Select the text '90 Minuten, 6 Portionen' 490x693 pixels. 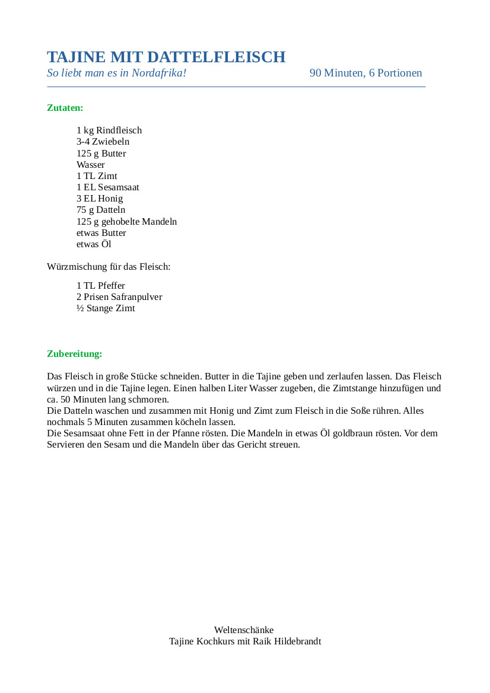tap(365, 73)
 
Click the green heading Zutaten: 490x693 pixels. tap(65, 108)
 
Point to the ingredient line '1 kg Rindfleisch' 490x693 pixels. tap(109, 130)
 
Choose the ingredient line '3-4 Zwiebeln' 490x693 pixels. tap(103, 142)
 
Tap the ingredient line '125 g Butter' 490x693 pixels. tap(101, 154)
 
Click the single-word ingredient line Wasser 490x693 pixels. tap(91, 165)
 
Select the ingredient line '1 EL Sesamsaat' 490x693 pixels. tap(108, 187)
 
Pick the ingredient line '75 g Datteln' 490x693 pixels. tap(101, 210)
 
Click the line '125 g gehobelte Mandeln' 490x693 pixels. tap(126, 222)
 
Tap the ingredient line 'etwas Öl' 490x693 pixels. tap(94, 244)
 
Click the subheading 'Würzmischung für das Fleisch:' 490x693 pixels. tap(109, 267)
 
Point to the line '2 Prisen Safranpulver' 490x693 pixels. tap(119, 297)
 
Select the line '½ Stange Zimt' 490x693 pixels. tap(106, 308)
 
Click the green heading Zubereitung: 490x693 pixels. tap(75, 354)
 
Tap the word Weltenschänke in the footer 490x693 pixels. tap(244, 630)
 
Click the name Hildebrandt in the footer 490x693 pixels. tap(297, 641)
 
